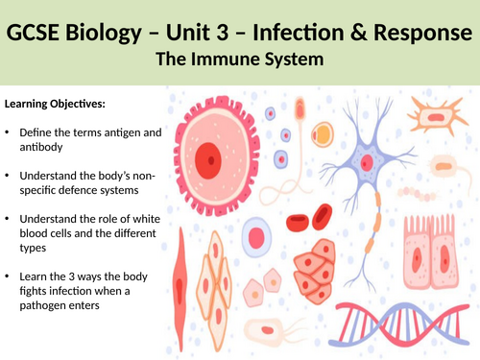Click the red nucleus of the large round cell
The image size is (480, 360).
point(207,152)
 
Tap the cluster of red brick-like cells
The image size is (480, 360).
point(323,268)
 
